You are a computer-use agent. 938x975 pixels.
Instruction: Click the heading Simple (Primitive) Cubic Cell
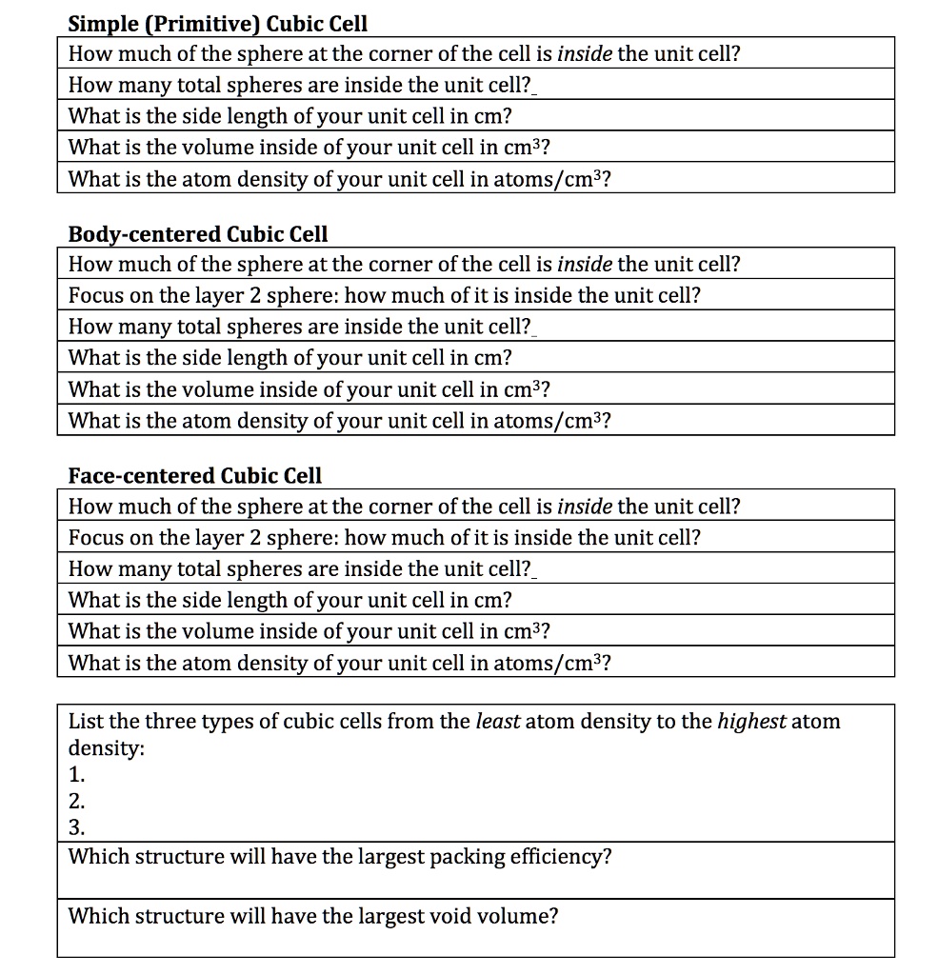pos(217,23)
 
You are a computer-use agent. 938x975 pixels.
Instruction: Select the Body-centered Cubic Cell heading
pos(197,233)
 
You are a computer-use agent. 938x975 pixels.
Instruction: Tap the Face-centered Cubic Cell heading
pos(194,475)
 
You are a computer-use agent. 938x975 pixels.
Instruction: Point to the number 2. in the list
pos(76,802)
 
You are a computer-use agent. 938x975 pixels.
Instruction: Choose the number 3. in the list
pos(76,827)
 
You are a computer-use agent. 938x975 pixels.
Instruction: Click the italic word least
pos(497,721)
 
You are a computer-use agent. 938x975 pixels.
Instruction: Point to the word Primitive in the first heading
pos(205,23)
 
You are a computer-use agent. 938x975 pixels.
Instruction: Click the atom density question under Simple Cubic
pos(338,178)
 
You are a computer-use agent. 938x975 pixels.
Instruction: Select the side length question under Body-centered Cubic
pos(289,358)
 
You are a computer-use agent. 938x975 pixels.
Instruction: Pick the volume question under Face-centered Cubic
pos(309,631)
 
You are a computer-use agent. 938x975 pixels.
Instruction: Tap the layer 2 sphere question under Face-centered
pos(384,537)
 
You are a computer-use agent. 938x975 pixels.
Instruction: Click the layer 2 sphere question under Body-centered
pos(384,295)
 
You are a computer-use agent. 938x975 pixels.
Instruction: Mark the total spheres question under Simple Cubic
pos(300,85)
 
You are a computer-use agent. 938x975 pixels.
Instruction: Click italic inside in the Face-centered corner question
pos(585,506)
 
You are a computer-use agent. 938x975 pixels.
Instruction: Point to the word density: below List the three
pos(106,749)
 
